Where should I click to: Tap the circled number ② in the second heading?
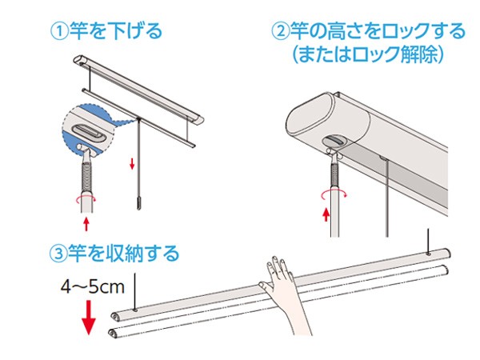281,31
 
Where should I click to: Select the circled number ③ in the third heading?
58,254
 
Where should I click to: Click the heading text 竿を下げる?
116,31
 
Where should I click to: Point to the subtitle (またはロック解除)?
368,54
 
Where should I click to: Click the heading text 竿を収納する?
124,254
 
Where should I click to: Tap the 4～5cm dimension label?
93,287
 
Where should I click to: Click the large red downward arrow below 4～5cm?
89,318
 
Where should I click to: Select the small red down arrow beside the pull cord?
132,163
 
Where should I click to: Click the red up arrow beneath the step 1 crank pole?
86,224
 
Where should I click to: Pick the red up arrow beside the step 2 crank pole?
326,214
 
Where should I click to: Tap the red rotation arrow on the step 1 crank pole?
86,200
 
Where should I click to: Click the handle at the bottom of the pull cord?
139,203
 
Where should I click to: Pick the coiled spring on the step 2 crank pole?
335,174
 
